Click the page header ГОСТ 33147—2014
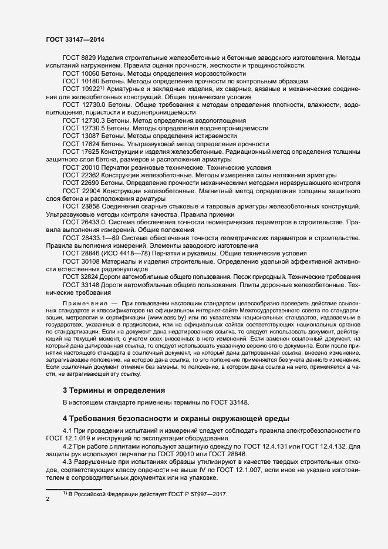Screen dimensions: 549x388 75,39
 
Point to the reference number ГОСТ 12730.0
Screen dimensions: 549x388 85,104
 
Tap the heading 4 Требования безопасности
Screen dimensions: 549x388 176,418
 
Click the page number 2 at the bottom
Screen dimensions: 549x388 48,499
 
